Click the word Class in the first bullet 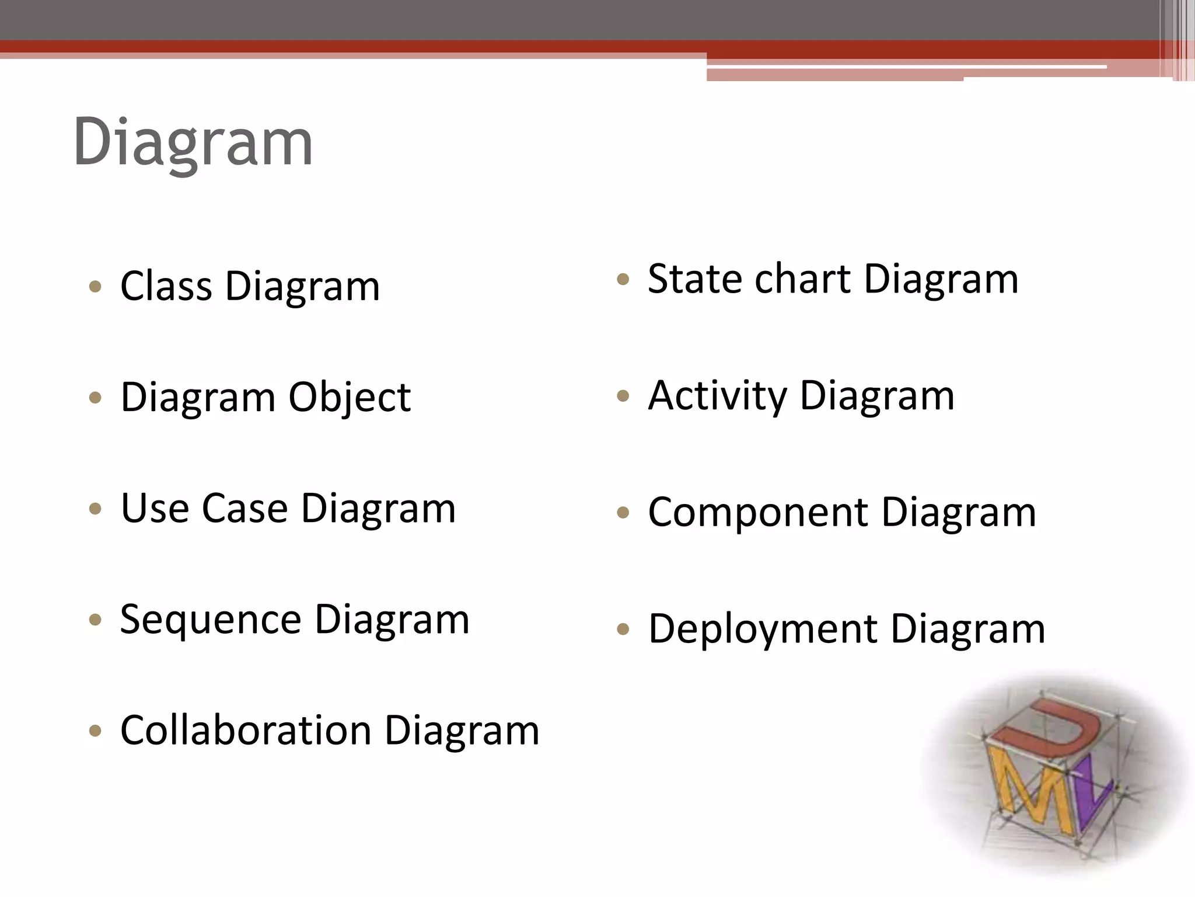coord(166,286)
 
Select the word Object coord(350,398)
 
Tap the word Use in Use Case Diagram coord(155,508)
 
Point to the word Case coord(245,508)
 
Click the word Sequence coord(211,620)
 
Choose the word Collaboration coord(246,731)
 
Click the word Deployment coord(763,630)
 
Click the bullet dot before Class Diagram coord(96,287)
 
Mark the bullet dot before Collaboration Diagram coord(96,731)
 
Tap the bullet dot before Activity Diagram coord(623,397)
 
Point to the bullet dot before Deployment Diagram coord(623,629)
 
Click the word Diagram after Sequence coord(392,620)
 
